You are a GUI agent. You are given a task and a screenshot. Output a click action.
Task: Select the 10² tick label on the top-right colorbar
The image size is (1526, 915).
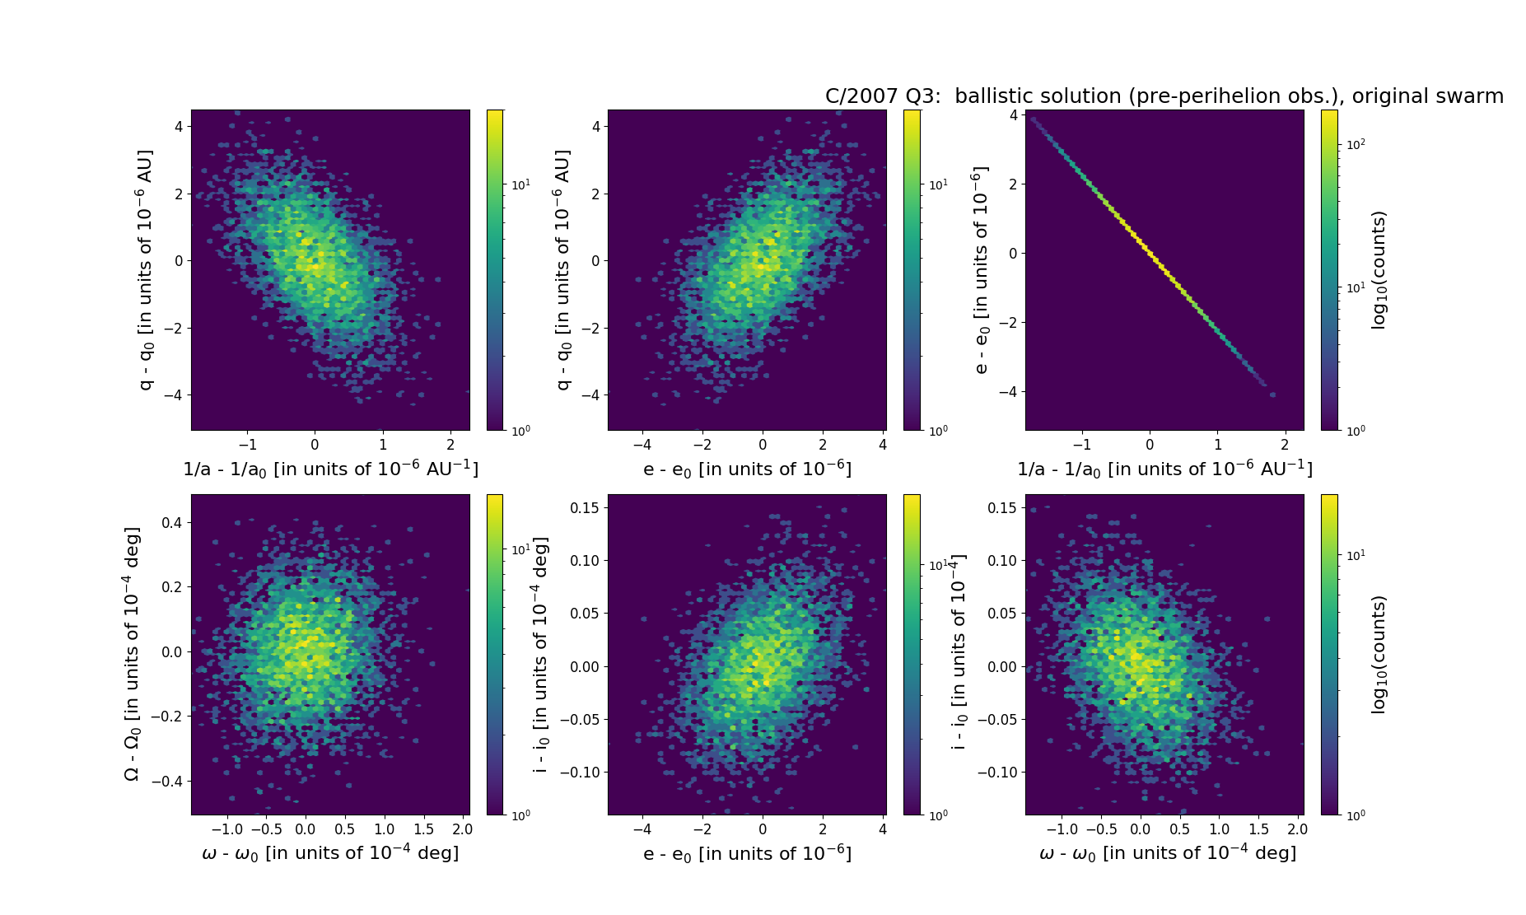1355,145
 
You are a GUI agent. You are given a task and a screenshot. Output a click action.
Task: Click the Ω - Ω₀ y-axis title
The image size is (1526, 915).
133,654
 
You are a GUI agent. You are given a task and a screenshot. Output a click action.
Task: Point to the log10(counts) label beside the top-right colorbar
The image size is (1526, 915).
1379,270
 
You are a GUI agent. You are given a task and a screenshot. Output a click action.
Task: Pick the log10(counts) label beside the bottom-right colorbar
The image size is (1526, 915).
1379,655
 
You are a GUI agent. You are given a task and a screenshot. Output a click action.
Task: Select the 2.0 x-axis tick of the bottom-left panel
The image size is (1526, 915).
462,829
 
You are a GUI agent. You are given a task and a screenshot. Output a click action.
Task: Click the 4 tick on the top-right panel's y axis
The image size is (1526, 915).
1012,114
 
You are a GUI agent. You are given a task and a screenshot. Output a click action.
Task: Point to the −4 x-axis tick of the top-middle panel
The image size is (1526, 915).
642,445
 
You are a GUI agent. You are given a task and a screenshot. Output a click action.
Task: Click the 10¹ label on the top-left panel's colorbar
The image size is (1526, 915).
521,184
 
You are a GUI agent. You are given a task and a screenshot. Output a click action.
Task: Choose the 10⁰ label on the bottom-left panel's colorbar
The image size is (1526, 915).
521,815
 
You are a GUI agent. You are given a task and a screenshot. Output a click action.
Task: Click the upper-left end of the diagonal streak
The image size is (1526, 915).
1032,119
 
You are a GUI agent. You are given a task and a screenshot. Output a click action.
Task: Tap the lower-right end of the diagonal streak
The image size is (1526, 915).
1272,394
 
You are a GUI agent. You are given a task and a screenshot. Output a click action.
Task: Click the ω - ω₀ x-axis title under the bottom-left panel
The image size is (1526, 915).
330,853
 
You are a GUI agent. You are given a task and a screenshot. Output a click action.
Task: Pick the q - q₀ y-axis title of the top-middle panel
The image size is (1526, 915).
563,270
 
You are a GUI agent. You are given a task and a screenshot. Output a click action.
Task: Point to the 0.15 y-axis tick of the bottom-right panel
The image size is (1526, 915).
1001,508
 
